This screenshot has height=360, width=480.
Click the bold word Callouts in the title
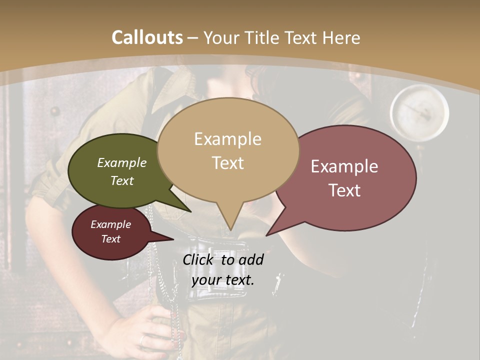click(x=147, y=37)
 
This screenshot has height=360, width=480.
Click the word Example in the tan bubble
click(x=227, y=139)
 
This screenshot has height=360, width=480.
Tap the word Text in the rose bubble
click(x=345, y=190)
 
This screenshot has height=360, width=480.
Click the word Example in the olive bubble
click(x=121, y=163)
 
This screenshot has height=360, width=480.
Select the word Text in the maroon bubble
click(x=111, y=239)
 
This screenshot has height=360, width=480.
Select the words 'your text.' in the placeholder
click(x=223, y=280)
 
